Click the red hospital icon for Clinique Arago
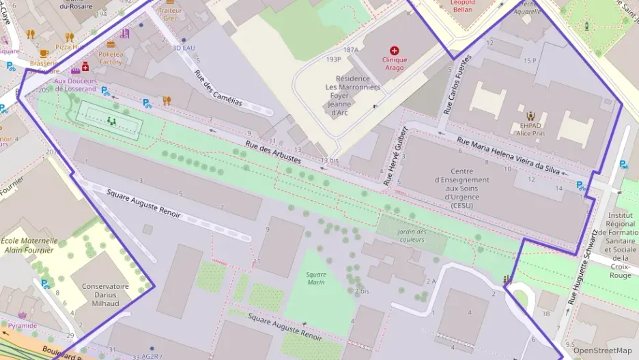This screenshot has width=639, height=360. [394, 50]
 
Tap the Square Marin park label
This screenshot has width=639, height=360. [316, 278]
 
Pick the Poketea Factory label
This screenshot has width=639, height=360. [111, 58]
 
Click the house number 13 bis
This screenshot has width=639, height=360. [329, 160]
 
